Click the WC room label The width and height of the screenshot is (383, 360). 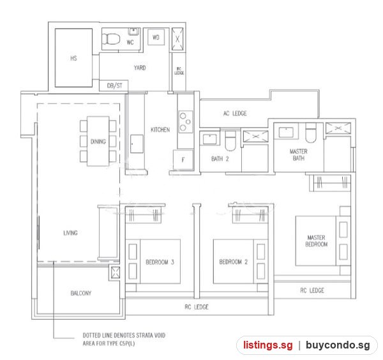click(x=130, y=42)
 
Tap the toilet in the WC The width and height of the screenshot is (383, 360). click(x=111, y=39)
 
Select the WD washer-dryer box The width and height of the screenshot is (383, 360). click(x=156, y=38)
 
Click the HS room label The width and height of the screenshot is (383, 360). click(x=73, y=58)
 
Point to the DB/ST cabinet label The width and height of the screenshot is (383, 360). click(x=114, y=86)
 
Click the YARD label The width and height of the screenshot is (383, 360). click(x=140, y=68)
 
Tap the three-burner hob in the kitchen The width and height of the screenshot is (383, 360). click(x=186, y=122)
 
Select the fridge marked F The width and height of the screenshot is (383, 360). click(x=183, y=160)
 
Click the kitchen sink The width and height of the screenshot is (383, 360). click(x=137, y=144)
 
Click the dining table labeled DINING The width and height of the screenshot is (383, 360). click(x=98, y=141)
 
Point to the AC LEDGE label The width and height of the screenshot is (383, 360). click(x=235, y=114)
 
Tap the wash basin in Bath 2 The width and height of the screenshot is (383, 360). click(x=210, y=139)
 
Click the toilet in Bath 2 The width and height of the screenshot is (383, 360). click(x=230, y=141)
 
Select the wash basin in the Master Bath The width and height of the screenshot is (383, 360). click(x=286, y=132)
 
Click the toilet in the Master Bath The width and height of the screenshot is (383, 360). click(x=311, y=133)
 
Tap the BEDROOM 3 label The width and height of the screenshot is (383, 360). click(x=160, y=262)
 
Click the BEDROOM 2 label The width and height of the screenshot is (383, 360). click(x=233, y=262)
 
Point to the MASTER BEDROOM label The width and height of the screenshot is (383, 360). click(x=317, y=241)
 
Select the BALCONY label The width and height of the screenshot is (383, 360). click(x=81, y=293)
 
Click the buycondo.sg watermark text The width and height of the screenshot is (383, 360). click(x=338, y=345)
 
